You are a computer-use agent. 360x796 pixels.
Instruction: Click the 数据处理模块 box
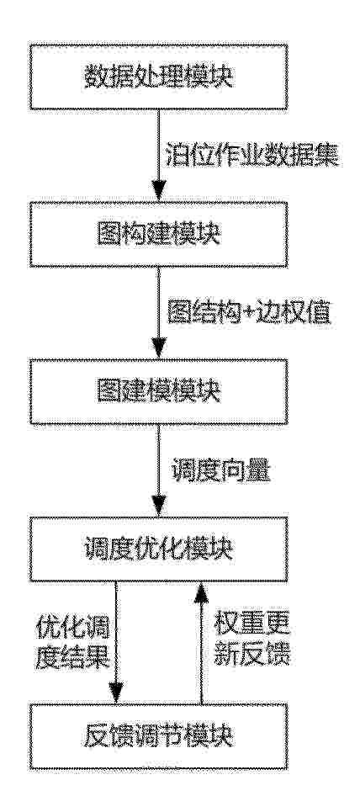158,77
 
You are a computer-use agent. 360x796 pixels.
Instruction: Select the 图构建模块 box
158,234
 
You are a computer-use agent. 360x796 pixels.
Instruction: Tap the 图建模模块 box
158,392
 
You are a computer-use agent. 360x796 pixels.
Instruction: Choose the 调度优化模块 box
158,549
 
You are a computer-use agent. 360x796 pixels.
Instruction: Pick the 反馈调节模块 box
158,736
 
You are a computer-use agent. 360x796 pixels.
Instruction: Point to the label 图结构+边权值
249,315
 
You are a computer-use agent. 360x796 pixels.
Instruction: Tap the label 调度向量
219,472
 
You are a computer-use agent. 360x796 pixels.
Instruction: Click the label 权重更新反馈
251,642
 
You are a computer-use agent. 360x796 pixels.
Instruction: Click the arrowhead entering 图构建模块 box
158,192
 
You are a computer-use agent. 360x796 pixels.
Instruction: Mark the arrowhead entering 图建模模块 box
158,350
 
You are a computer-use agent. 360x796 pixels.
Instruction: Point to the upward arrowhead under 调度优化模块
202,593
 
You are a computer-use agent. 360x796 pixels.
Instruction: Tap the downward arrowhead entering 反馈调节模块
116,694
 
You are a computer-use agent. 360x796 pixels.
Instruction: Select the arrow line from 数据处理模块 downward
158,156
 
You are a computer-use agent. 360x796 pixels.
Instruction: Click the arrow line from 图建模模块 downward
158,471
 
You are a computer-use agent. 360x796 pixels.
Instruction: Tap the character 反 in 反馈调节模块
94,736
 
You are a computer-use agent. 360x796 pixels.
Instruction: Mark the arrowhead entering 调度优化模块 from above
158,507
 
